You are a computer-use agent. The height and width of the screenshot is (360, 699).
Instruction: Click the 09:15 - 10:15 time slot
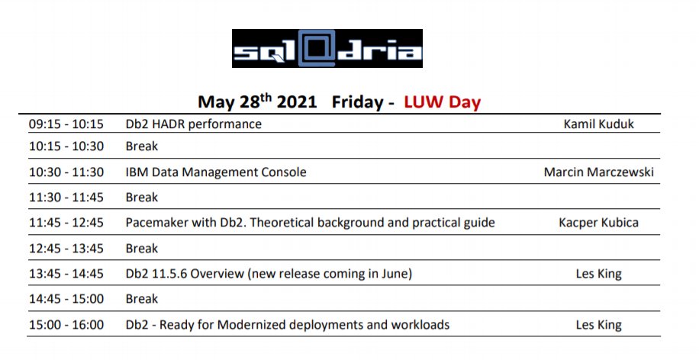tap(66, 124)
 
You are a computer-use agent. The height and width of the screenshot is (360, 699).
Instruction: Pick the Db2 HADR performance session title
tap(193, 124)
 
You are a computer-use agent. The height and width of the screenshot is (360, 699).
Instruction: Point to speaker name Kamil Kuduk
tap(598, 124)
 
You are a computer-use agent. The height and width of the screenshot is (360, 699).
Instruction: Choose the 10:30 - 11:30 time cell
tap(66, 172)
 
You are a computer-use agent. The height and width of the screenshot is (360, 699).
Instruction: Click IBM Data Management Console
tap(215, 172)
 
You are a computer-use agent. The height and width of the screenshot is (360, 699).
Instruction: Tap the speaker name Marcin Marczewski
tap(598, 172)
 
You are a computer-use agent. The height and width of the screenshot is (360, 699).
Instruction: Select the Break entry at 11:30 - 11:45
tap(141, 198)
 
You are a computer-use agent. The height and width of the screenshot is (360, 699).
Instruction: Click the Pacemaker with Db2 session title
tap(310, 223)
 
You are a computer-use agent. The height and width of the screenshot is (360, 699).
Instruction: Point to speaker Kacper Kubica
tap(598, 223)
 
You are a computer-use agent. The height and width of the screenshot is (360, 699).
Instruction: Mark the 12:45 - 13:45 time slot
tap(66, 249)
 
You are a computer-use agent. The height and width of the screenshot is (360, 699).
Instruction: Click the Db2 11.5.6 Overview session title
tap(269, 274)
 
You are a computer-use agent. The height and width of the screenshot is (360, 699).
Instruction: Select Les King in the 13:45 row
tap(598, 274)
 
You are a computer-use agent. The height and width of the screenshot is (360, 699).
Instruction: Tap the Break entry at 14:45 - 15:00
tap(141, 299)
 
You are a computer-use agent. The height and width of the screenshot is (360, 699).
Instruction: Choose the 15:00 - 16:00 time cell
tap(66, 325)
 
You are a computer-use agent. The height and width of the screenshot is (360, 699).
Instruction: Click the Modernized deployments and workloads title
tap(287, 325)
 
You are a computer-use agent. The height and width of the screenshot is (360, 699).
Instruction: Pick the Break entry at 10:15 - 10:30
tap(141, 146)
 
